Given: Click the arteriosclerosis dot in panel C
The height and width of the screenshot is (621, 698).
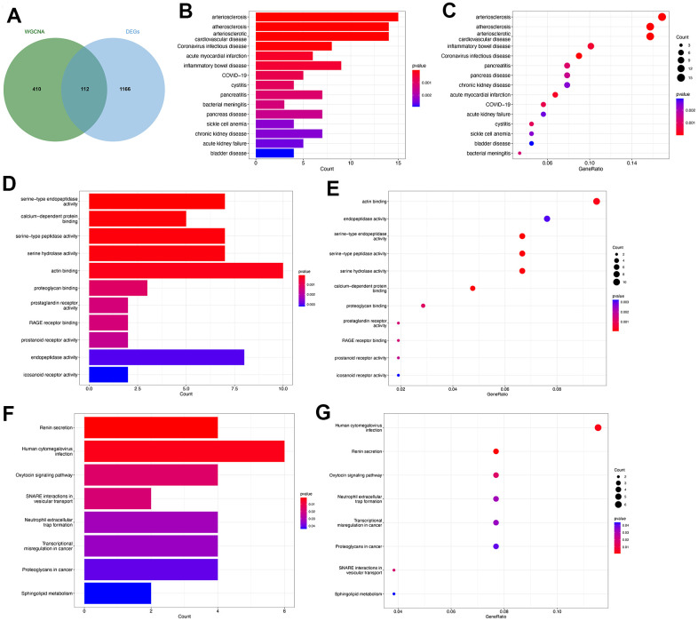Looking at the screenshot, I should [x=662, y=17].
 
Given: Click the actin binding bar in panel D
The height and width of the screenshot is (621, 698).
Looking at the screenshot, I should [x=186, y=270].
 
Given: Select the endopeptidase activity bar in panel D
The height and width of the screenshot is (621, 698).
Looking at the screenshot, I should [x=166, y=357].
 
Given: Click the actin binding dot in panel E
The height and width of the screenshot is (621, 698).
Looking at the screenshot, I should [x=596, y=202].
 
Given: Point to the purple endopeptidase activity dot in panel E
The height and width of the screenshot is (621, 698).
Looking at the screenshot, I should [x=547, y=219].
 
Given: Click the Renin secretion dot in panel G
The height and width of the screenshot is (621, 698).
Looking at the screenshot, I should [x=496, y=451].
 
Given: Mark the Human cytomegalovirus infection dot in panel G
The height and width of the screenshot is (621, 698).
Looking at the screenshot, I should [x=598, y=428].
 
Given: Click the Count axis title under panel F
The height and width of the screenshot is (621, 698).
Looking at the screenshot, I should [x=185, y=615].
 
